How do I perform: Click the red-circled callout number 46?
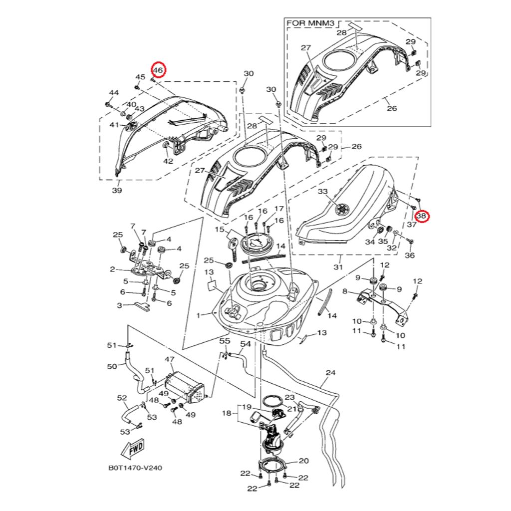(158, 70)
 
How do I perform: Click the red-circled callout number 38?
(422, 216)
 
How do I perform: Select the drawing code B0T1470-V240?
(135, 469)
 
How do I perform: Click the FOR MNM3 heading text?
(309, 23)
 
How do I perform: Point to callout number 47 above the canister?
(169, 359)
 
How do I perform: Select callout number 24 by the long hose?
(330, 373)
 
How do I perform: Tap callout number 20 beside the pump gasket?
(304, 461)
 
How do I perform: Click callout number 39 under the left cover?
(116, 190)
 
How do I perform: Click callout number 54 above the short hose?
(246, 344)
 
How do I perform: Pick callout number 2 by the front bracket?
(112, 269)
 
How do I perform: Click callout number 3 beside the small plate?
(119, 305)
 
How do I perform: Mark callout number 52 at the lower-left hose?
(122, 398)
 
